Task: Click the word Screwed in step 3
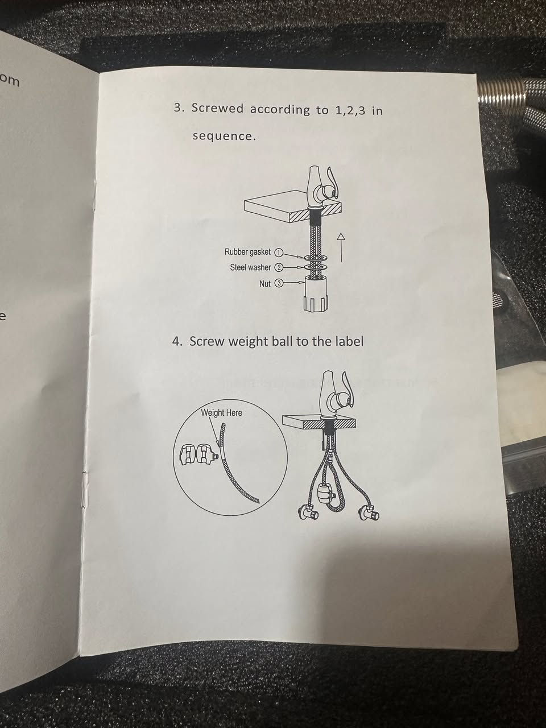click(x=217, y=109)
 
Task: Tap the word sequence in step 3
click(x=225, y=136)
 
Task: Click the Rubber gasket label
click(x=247, y=252)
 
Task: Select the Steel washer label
click(x=251, y=267)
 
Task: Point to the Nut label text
click(x=265, y=284)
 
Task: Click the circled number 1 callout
click(x=279, y=253)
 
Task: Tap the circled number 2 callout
click(x=279, y=268)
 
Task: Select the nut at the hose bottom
click(x=316, y=293)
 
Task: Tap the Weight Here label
click(x=221, y=413)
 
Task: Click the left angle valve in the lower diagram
click(x=308, y=514)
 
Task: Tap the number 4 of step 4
click(x=177, y=342)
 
